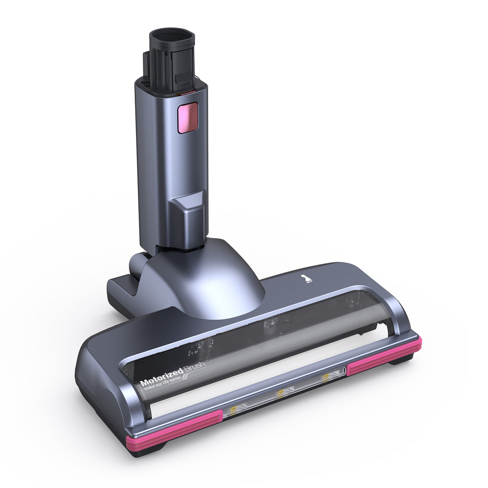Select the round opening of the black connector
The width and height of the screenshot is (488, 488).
172,38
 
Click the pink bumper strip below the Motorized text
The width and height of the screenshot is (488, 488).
174,430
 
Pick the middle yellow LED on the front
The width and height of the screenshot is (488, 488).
281,392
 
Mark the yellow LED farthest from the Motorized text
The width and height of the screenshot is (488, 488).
325,376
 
